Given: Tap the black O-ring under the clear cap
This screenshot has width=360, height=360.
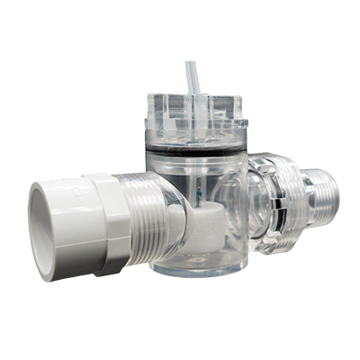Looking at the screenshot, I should click(x=193, y=148).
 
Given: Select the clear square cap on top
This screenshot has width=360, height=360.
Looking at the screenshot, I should click(x=193, y=117).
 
